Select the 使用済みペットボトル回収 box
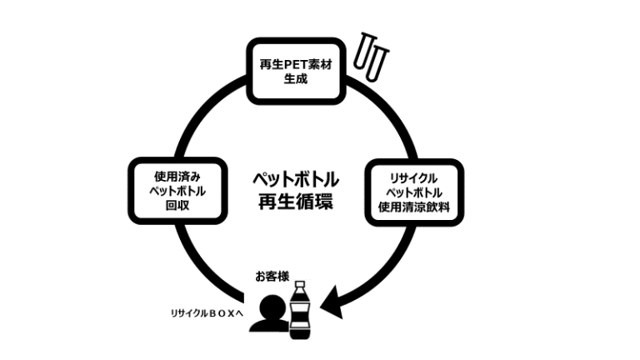click(x=178, y=189)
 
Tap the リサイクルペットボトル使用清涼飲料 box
click(x=413, y=192)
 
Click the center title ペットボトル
click(x=295, y=178)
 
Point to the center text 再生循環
click(x=295, y=201)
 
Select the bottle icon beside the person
click(x=298, y=312)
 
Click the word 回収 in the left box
click(x=178, y=204)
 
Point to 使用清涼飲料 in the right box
click(x=413, y=207)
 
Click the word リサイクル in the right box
click(x=413, y=177)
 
